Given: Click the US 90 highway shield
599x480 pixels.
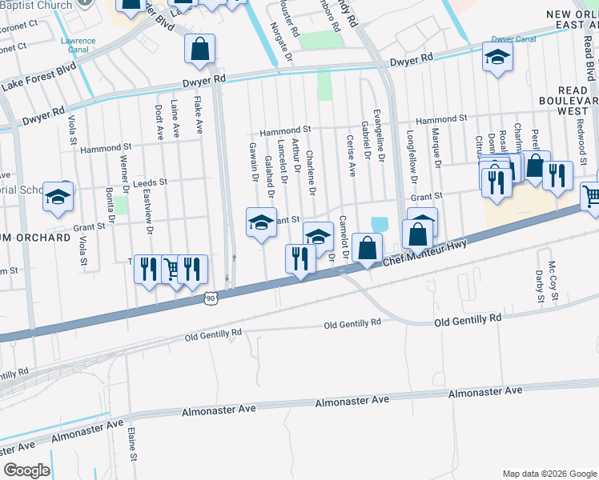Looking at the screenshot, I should (x=210, y=298).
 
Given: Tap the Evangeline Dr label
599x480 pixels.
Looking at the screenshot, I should (x=380, y=136).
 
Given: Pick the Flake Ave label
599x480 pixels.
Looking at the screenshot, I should (x=198, y=115).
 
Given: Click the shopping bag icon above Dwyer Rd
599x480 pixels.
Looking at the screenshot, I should (x=199, y=48).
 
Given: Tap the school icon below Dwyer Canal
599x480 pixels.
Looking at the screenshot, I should (x=496, y=59).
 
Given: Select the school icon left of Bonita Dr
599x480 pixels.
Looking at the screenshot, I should (x=58, y=197).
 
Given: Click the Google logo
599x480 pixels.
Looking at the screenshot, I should (x=27, y=470).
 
